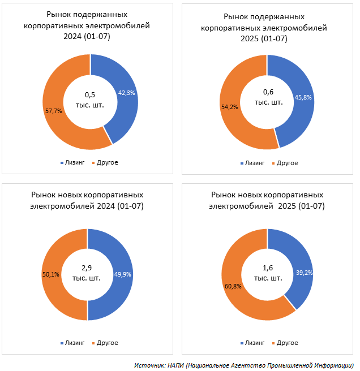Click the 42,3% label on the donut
pyautogui.click(x=126, y=93)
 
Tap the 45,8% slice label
pyautogui.click(x=303, y=97)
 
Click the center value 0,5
pyautogui.click(x=90, y=94)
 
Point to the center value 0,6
pyautogui.click(x=268, y=92)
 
